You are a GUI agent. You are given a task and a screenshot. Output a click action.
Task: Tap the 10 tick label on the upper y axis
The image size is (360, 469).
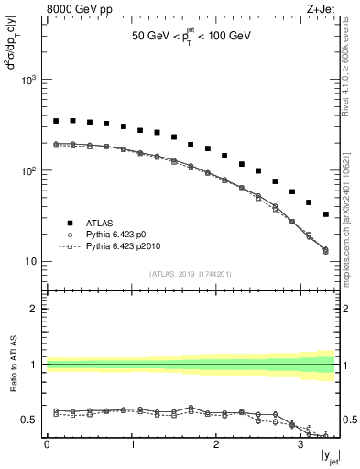[29, 262]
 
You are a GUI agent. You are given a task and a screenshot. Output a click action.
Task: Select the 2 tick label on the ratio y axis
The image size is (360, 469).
[35, 310]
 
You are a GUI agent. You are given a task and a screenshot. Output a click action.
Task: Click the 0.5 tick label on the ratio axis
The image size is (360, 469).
[29, 420]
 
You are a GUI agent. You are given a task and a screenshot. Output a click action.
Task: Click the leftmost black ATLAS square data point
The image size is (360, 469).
[56, 121]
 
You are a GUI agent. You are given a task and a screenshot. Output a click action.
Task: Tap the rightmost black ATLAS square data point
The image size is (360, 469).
[326, 214]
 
